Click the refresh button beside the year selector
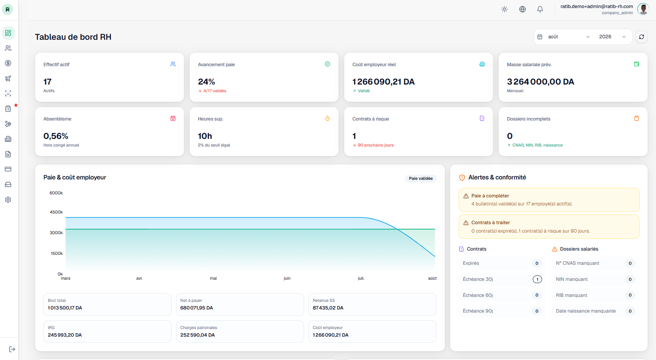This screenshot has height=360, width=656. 641,37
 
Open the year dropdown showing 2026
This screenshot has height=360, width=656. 612,37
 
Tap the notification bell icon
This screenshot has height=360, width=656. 540,9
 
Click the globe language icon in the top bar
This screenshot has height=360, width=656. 523,9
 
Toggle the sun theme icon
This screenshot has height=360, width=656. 505,9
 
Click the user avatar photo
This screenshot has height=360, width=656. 643,9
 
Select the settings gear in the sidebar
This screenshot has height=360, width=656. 8,200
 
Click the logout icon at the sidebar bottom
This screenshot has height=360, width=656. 12,349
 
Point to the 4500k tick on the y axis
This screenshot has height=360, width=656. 56,212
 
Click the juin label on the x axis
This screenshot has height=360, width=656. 287,279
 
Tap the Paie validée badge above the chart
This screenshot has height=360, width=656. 421,178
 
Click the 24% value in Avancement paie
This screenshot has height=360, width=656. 207,81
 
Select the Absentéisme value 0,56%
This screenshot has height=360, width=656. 56,136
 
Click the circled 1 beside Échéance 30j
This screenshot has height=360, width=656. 537,279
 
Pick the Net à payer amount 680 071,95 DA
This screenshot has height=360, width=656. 197,308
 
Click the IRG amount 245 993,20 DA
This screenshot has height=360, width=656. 65,335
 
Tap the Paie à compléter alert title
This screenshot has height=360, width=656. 490,196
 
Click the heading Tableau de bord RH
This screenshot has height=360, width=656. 73,37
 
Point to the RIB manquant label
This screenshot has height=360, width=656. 571,295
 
